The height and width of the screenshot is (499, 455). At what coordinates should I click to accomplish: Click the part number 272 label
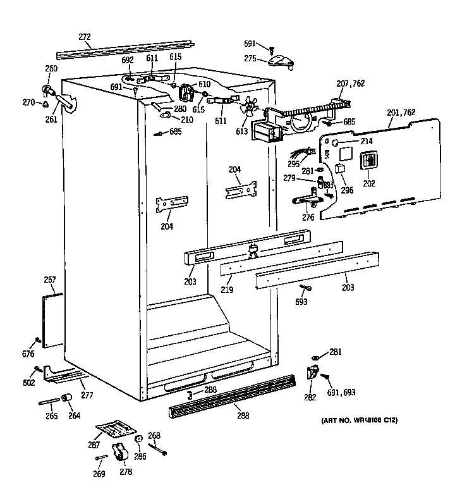pos(85,37)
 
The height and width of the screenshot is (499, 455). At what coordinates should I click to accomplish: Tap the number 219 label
pos(227,290)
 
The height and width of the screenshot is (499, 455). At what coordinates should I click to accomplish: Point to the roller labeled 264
pos(65,398)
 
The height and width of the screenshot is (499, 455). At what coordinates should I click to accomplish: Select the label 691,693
pos(341,392)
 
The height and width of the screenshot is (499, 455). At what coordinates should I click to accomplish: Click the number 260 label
pos(51,68)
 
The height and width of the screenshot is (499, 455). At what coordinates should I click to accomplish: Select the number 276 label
pos(308,217)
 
